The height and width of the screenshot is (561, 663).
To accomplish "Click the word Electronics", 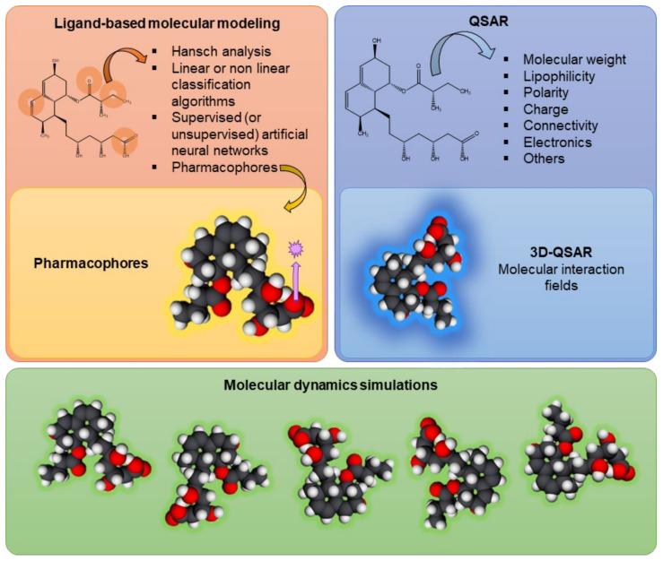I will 558,142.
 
